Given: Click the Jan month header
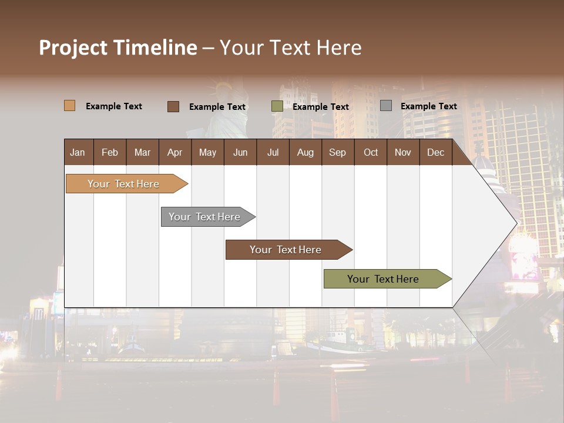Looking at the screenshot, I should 78,153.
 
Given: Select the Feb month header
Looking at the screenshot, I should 110,153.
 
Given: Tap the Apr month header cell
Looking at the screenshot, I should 175,153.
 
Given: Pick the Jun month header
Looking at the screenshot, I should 240,153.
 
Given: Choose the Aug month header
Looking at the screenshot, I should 305,153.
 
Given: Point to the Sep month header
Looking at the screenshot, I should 338,153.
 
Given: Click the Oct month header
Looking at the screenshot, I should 371,153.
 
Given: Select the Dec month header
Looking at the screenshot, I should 436,153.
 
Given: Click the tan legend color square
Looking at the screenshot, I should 70,106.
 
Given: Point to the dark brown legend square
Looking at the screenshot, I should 173,106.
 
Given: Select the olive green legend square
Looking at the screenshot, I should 277,106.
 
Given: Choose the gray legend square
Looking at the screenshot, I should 386,106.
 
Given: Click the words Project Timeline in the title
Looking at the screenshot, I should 118,48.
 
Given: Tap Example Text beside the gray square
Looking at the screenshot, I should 429,106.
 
